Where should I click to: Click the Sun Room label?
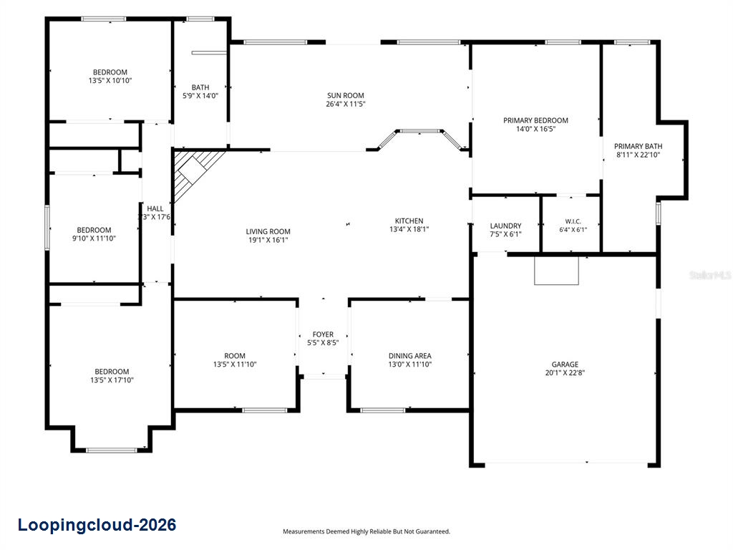[x=346, y=95]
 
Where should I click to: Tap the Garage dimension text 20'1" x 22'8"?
[x=565, y=372]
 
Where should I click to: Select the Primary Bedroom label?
[x=535, y=120]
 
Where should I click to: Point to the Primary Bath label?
[x=638, y=146]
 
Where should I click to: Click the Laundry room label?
[x=505, y=226]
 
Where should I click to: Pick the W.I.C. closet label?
[x=573, y=221]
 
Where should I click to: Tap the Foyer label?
[x=323, y=334]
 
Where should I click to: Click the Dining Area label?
[x=410, y=356]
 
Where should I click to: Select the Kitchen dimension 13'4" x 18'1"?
[x=409, y=229]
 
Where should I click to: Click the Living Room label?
[x=268, y=231]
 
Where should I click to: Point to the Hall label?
[x=155, y=208]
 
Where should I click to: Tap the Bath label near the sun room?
[x=200, y=87]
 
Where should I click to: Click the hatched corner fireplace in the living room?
[x=195, y=171]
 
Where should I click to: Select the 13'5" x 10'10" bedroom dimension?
[x=110, y=80]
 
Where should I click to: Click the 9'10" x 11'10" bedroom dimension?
[x=94, y=238]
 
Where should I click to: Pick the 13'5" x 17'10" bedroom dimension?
[x=112, y=380]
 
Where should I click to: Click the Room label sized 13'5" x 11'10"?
[x=235, y=356]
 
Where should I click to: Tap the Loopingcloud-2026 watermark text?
[x=97, y=525]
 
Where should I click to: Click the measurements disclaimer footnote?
[x=366, y=531]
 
